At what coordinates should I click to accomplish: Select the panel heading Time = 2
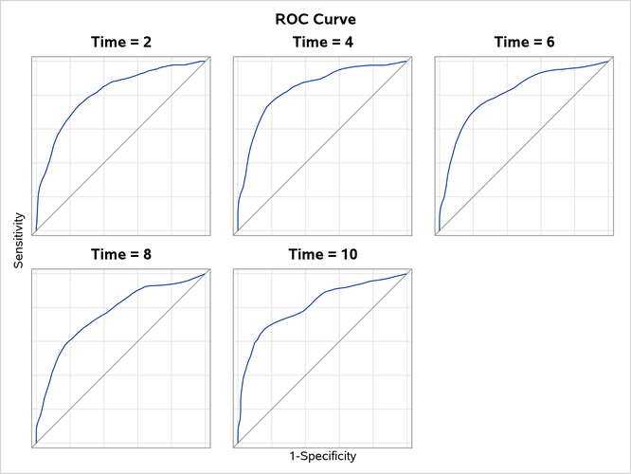(120, 42)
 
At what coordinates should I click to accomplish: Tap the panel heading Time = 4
(322, 42)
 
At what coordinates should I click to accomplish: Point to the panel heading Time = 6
(524, 42)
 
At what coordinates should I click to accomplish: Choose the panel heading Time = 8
(120, 254)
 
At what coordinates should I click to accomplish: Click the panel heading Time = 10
(322, 254)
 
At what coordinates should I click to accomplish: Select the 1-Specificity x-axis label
(322, 456)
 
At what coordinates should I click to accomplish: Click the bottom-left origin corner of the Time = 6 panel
(438, 231)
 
